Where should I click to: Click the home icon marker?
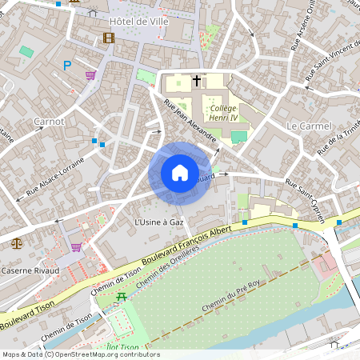click(180, 173)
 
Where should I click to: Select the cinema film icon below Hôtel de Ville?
click(109, 37)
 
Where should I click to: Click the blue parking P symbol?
click(67, 66)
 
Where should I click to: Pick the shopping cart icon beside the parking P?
click(90, 75)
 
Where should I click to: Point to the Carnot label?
click(49, 122)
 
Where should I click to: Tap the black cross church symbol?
click(196, 81)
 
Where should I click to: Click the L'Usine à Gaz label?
click(159, 220)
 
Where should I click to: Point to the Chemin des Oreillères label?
click(167, 269)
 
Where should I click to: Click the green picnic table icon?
click(122, 297)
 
